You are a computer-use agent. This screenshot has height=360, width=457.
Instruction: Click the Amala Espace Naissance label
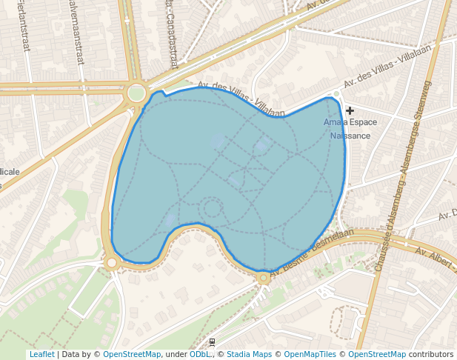pos(350,129)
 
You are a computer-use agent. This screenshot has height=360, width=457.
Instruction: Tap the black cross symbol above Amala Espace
pos(350,110)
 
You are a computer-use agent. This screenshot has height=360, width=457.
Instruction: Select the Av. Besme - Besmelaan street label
pos(311,254)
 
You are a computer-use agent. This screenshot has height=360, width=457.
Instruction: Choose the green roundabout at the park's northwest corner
pos(136,93)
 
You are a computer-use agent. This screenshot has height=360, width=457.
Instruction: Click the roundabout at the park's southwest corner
pos(111,262)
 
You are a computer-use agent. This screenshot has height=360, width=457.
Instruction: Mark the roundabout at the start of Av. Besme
pos(263,279)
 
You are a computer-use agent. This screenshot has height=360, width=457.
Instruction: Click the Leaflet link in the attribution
pos(42,354)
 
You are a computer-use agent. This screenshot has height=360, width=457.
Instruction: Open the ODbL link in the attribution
pos(200,354)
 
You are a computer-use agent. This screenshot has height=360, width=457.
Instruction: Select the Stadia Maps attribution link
pos(249,354)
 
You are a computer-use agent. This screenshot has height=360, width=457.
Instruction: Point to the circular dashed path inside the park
pos(213,207)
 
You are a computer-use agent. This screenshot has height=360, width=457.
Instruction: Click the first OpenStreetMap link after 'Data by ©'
pos(132,354)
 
